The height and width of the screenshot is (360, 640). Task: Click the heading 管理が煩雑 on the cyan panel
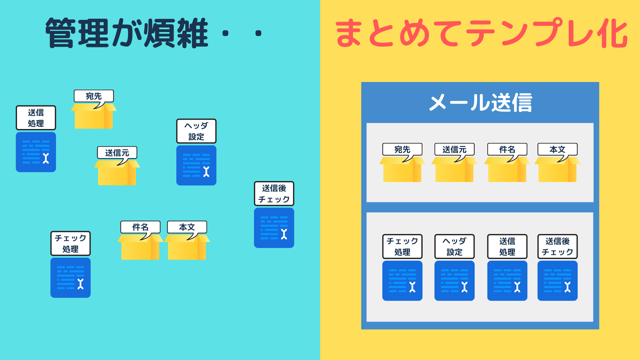coord(127,33)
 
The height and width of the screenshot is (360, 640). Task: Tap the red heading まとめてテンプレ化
coord(481,33)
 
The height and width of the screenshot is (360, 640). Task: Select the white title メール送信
coord(480,102)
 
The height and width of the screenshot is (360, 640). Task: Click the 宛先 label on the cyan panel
coord(94,96)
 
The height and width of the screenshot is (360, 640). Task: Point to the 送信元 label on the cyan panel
coord(117,153)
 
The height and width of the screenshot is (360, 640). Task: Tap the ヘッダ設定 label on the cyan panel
coord(196,131)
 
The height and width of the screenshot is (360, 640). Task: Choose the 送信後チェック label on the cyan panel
coord(274,194)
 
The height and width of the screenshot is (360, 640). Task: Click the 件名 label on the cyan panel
coord(140,227)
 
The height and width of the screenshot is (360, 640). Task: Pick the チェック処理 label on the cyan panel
coord(71,243)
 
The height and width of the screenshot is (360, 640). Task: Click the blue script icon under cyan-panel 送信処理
coord(36,152)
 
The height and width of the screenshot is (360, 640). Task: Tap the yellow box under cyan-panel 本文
coord(187,247)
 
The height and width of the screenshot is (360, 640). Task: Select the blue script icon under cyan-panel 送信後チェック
coord(274,228)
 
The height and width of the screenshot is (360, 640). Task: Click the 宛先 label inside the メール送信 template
coord(402,149)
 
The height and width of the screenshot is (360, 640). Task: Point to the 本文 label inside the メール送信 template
coord(558,149)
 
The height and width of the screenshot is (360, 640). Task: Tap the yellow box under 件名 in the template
coord(507,169)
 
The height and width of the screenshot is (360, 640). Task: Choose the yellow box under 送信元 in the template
coord(454,169)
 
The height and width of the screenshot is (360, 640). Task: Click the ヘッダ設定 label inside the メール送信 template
coord(455,246)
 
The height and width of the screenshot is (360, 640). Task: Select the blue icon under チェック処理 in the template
coord(402,281)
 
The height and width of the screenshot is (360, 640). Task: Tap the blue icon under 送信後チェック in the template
coord(558,281)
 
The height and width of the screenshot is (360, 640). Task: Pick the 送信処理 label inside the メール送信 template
coord(507,246)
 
